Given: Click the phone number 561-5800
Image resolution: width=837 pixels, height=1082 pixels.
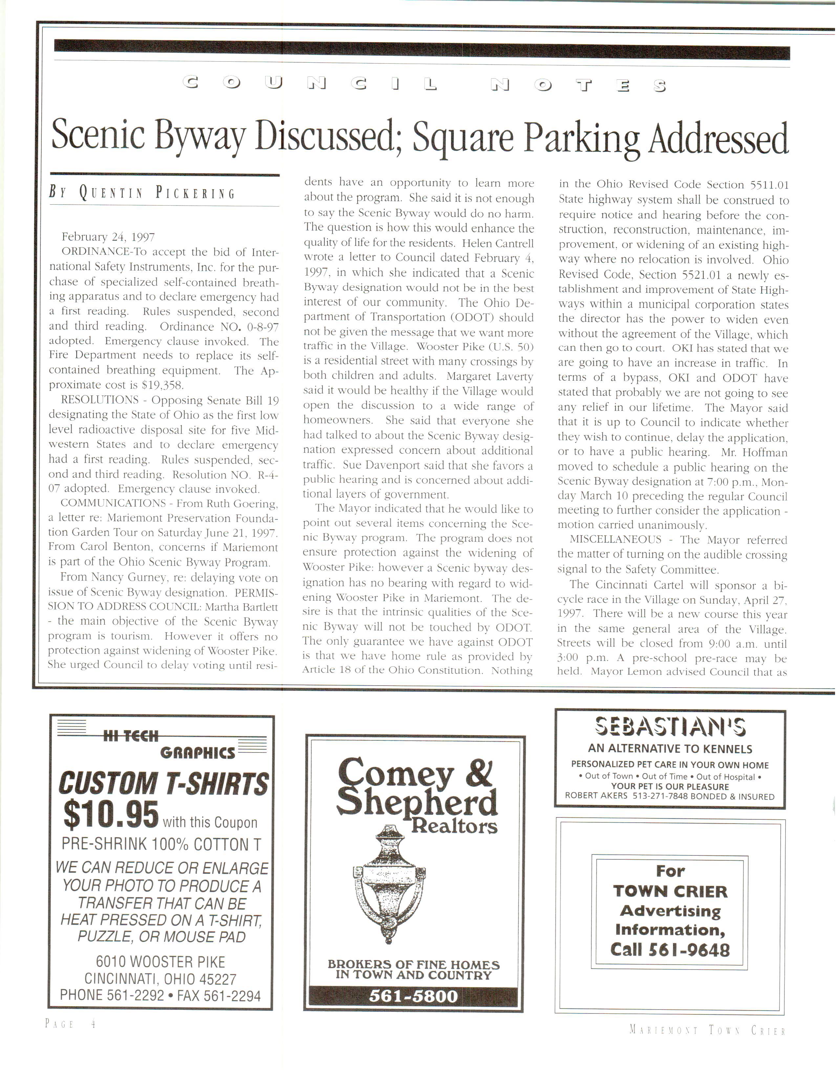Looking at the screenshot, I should [x=414, y=996].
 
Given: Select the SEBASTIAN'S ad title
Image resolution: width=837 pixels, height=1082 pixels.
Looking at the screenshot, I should [x=670, y=727].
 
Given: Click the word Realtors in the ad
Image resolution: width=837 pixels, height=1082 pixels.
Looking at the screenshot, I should [x=454, y=826].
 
